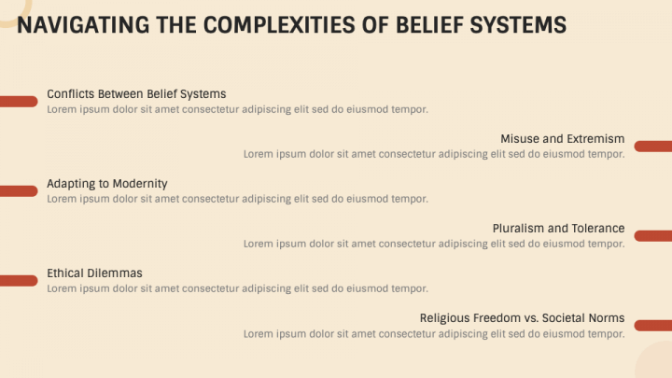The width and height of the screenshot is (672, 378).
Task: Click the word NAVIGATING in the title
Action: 73,24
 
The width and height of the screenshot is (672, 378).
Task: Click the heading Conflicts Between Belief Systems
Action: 136,94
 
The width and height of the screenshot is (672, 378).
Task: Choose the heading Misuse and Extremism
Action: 562,139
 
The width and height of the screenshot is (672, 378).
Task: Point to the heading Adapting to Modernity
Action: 107,184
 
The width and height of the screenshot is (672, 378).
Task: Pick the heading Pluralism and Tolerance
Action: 558,229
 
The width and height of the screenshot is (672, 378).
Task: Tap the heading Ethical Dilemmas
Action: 94,273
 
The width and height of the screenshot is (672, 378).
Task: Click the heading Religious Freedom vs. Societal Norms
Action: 522,318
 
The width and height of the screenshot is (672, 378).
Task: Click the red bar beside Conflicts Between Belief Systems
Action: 18,101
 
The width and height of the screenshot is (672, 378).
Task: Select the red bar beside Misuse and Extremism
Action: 653,146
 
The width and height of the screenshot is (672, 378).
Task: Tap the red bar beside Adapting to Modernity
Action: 18,190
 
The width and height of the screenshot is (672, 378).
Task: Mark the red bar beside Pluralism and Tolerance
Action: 653,235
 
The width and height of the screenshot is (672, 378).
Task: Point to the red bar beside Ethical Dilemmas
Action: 18,280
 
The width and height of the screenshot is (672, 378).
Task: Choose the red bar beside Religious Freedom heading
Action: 653,325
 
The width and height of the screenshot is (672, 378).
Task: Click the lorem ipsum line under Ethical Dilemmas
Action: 237,288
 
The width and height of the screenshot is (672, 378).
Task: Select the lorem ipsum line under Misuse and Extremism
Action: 434,154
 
